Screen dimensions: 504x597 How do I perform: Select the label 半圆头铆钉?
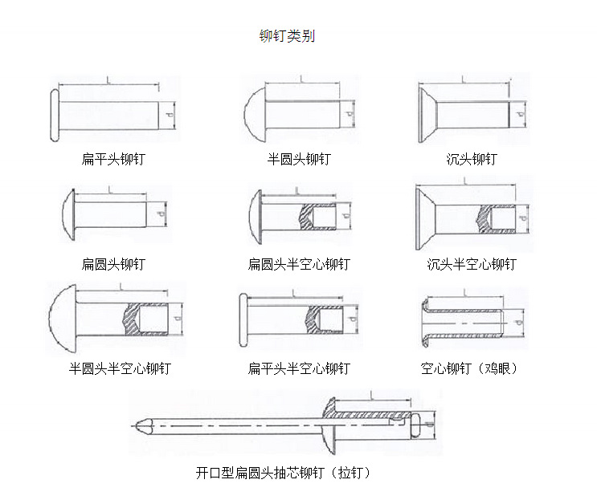[298, 159]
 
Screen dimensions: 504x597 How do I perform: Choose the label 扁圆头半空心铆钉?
[298, 264]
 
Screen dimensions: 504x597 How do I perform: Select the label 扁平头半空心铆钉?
[298, 368]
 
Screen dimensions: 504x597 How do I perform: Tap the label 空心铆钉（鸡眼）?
[469, 368]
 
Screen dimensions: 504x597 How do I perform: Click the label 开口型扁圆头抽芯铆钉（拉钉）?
[283, 473]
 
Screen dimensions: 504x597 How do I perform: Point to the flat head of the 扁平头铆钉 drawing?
[54, 115]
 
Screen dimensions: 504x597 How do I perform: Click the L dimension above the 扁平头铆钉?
[107, 79]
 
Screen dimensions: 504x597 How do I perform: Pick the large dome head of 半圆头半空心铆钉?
[61, 319]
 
